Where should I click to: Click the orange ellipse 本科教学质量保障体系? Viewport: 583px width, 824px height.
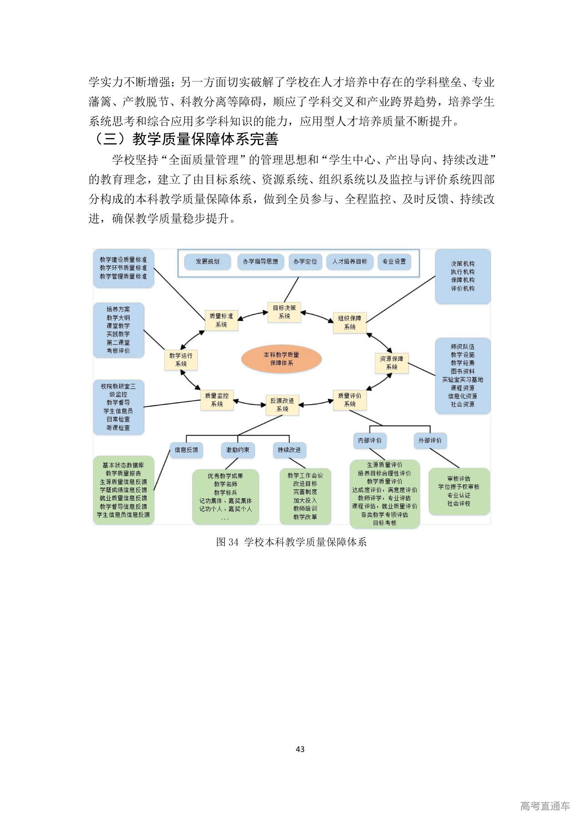[281, 359]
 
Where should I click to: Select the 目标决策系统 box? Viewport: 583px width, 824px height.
[284, 312]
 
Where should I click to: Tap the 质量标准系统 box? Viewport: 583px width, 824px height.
[221, 320]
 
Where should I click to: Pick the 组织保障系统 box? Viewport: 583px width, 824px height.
[349, 322]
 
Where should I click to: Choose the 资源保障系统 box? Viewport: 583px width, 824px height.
[392, 363]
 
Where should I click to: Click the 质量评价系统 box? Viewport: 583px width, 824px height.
[349, 400]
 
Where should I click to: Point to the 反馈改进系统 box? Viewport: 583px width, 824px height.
[282, 405]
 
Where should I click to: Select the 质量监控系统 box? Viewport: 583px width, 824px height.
[217, 400]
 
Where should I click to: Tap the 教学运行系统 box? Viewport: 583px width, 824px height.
[181, 360]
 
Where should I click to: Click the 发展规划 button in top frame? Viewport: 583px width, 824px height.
[207, 262]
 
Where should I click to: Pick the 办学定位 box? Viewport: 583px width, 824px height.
[305, 262]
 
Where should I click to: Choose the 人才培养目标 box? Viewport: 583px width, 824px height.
[349, 262]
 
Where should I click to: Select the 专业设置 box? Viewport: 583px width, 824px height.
[394, 262]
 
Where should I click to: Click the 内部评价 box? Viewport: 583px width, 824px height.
[370, 440]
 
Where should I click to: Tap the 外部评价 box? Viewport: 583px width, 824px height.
[430, 440]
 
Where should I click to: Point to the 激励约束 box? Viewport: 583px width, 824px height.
[238, 450]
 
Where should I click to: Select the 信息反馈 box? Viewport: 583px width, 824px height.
[186, 450]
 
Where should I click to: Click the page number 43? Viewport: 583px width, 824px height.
[300, 749]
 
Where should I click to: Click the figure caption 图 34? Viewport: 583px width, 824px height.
[291, 542]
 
